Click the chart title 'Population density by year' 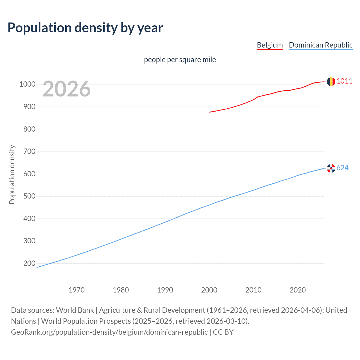(x=85, y=28)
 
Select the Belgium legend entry (x=270, y=45)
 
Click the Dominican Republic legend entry (x=321, y=45)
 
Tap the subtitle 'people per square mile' (x=180, y=60)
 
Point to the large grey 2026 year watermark (x=67, y=89)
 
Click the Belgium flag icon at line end (x=331, y=82)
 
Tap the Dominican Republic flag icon (x=331, y=168)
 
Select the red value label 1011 (x=345, y=81)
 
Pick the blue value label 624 (x=343, y=168)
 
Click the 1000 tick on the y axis (x=27, y=84)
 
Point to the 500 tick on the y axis (x=29, y=196)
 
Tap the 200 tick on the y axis (x=29, y=263)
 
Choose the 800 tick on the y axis (x=29, y=129)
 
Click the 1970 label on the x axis (x=76, y=290)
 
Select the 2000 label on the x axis (x=209, y=290)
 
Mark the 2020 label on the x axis (x=298, y=290)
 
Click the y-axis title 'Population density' (x=12, y=174)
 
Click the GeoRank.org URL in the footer (x=109, y=332)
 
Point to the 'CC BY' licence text (x=223, y=332)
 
